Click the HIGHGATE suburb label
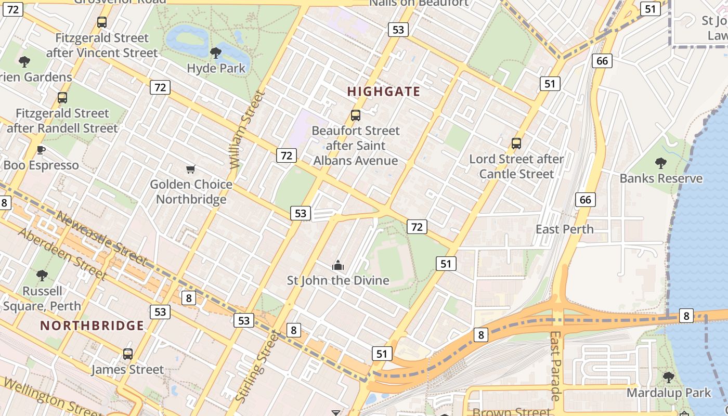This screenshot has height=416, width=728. [383, 92]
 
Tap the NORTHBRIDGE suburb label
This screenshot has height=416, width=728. [92, 326]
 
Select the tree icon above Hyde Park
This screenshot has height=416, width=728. [215, 53]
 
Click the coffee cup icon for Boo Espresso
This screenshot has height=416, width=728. [41, 150]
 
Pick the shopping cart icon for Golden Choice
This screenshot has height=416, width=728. [191, 169]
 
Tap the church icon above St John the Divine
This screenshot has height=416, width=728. [338, 266]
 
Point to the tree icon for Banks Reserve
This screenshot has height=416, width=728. [660, 163]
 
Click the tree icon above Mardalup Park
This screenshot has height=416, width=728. [669, 377]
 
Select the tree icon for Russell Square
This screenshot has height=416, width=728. [42, 276]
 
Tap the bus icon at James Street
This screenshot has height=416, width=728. [128, 354]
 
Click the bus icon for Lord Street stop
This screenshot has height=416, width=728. [516, 144]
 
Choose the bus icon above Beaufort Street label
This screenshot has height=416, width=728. [356, 115]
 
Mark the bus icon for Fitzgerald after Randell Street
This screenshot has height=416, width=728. [62, 98]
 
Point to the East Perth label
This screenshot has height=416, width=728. [564, 229]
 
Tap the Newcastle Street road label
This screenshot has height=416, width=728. [101, 238]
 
